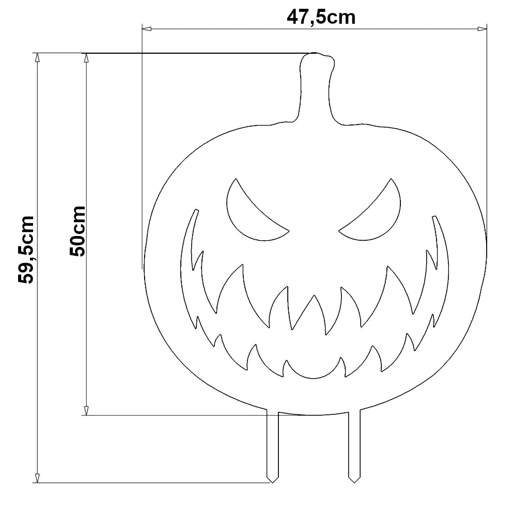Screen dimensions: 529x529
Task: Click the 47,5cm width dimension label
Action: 321,17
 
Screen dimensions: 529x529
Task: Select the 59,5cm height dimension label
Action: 26,250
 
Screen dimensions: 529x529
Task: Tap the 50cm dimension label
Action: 77,231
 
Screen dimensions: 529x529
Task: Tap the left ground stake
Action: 272,444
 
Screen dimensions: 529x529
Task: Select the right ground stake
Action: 354,444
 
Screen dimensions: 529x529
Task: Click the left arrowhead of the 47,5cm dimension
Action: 145,28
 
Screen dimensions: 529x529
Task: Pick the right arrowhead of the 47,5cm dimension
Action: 484,28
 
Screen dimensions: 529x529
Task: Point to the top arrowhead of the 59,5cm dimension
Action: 37,57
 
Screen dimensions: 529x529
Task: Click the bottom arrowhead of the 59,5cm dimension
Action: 37,478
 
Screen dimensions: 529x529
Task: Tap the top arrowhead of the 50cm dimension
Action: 87,57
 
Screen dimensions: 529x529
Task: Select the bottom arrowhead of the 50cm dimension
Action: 87,411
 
